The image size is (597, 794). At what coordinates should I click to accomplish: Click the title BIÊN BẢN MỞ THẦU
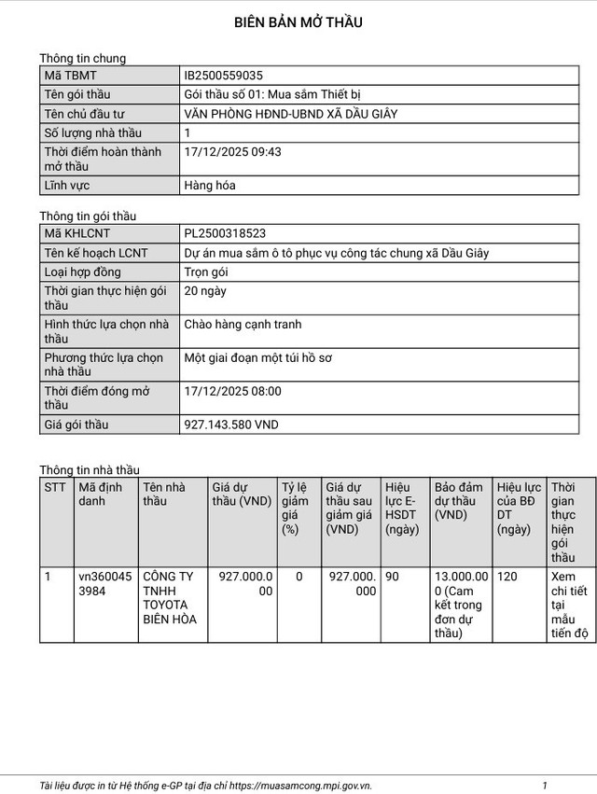(x=298, y=22)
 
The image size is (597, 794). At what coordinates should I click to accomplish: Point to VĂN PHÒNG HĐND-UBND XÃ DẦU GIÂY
(x=292, y=114)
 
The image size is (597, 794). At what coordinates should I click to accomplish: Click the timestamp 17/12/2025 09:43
(x=233, y=151)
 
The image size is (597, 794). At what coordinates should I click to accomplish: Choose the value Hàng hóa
(x=211, y=185)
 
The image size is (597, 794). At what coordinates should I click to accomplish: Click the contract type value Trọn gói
(x=207, y=272)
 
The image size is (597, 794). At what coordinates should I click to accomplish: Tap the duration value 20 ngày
(x=206, y=290)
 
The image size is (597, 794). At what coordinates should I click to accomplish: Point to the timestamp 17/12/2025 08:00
(x=233, y=391)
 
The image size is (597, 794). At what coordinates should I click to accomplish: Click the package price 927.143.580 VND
(x=232, y=425)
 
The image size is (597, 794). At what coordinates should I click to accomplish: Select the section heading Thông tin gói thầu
(x=89, y=216)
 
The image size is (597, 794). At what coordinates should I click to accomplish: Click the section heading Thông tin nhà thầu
(x=90, y=469)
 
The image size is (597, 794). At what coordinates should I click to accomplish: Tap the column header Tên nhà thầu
(x=164, y=494)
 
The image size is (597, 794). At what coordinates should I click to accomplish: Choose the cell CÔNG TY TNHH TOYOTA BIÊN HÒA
(x=169, y=598)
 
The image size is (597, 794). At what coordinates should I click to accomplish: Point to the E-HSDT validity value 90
(x=392, y=577)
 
